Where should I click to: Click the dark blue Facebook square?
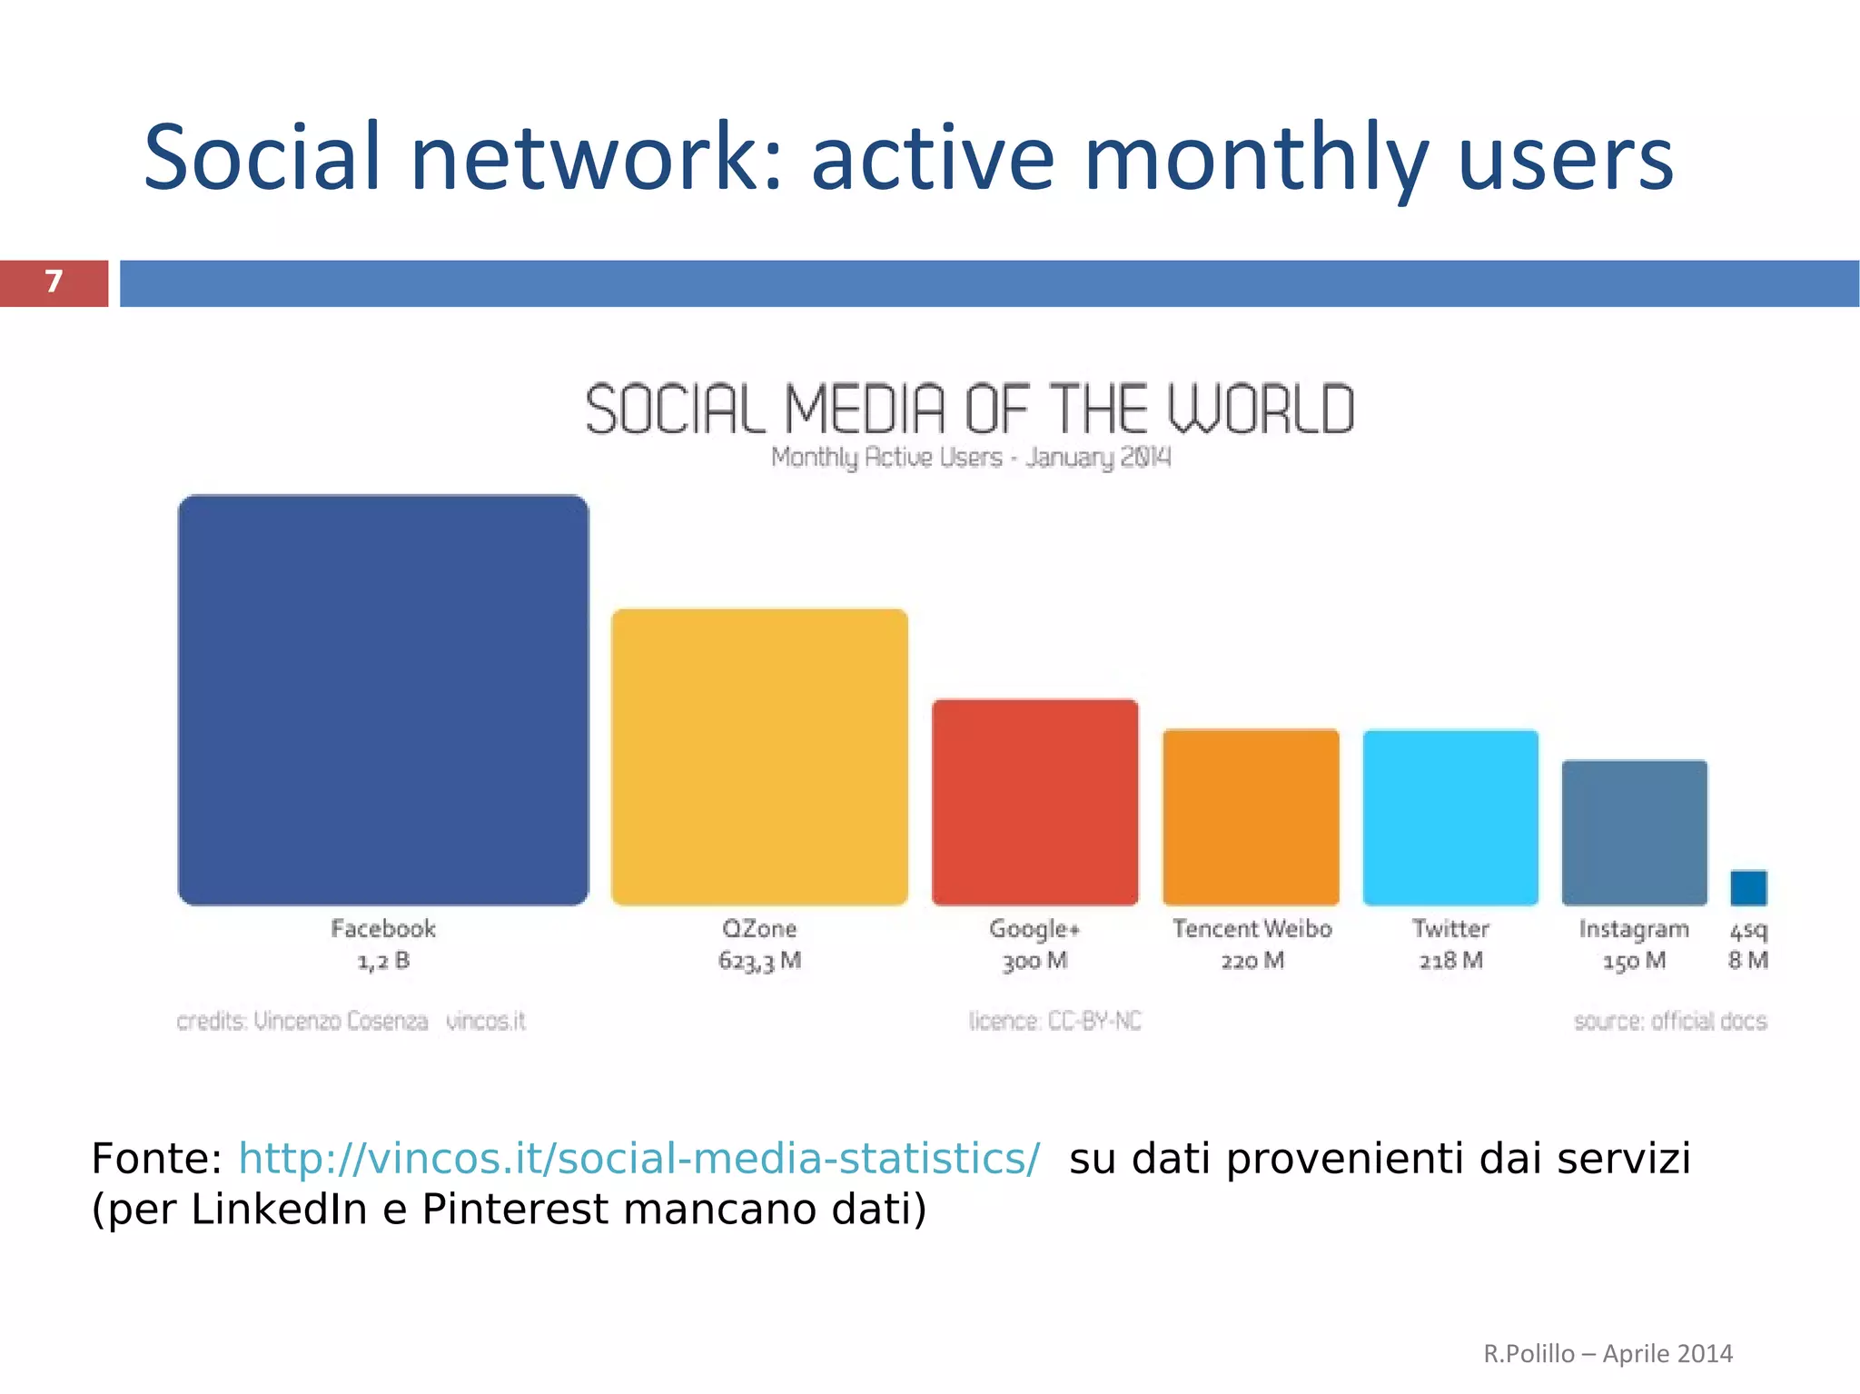382,699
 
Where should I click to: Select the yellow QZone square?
759,756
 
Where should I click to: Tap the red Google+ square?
1034,802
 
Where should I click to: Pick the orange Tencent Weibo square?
1251,816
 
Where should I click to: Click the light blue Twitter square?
1450,816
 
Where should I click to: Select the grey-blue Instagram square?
1634,832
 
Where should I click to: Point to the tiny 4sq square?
1748,887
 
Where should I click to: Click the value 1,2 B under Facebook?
383,961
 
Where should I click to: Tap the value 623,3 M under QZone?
759,961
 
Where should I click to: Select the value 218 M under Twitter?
1450,961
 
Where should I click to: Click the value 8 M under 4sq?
1747,961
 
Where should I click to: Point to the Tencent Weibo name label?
1252,929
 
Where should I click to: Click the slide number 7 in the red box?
54,282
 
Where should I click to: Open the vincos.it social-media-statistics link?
638,1159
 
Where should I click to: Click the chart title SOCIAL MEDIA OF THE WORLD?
969,410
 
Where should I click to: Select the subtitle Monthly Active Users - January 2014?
970,457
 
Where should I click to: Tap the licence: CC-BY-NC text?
1054,1022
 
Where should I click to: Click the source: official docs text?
1669,1022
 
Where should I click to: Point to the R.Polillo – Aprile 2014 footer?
1608,1353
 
